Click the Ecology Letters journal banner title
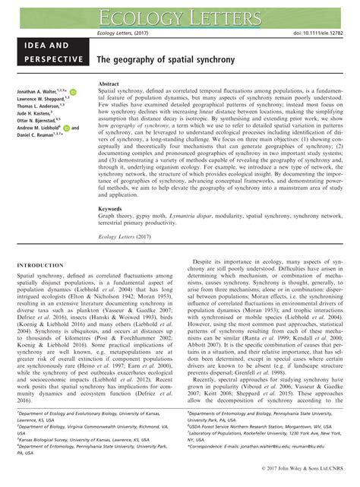tap(180, 14)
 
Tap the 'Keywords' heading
tap(112, 207)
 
